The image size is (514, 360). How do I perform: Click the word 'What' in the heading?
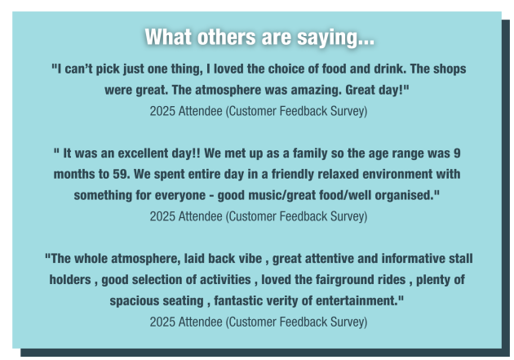[x=168, y=37]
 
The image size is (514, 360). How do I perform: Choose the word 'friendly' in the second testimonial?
[x=292, y=175]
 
